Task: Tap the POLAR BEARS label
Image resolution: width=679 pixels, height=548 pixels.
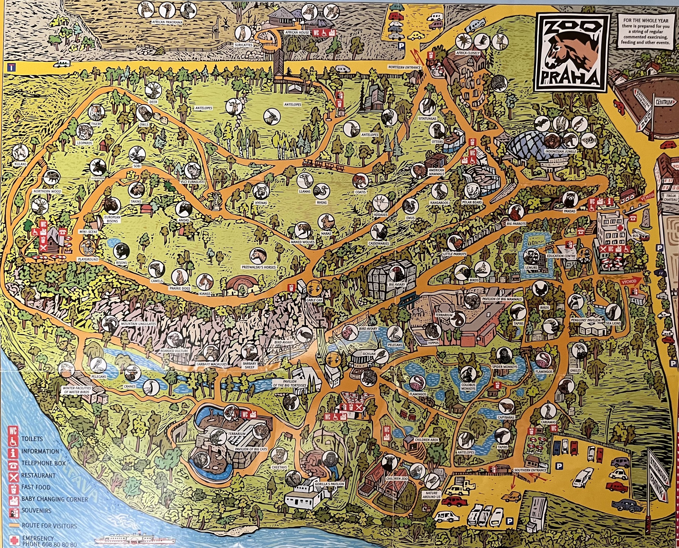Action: (x=473, y=202)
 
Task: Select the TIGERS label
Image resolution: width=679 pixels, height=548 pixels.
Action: (x=96, y=124)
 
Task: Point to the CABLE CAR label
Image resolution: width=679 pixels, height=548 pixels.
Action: (x=314, y=300)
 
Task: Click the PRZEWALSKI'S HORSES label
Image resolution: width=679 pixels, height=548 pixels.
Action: (x=259, y=267)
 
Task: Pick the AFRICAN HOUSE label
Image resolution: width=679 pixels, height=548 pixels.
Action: (x=297, y=32)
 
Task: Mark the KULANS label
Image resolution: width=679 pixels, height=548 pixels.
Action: (x=21, y=164)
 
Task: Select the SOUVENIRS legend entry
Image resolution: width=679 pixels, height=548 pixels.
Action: (x=37, y=510)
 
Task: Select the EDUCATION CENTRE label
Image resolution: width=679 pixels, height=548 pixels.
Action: (x=561, y=256)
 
